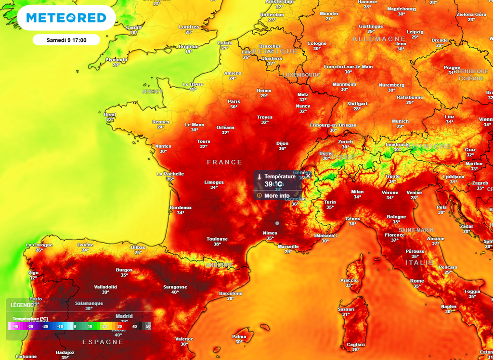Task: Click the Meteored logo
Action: [x=66, y=18]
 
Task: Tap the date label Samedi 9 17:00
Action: [x=66, y=39]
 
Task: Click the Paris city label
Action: [x=234, y=102]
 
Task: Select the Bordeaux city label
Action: [x=181, y=207]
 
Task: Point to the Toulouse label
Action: [x=217, y=239]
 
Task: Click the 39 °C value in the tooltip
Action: [x=273, y=184]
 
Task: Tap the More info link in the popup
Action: [x=277, y=196]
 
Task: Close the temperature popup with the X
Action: [x=308, y=176]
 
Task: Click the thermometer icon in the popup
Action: [x=259, y=177]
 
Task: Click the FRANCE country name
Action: [x=224, y=162]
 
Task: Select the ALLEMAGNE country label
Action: [x=379, y=39]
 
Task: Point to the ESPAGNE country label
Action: [x=103, y=342]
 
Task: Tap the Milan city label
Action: [x=357, y=192]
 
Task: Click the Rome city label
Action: [x=417, y=281]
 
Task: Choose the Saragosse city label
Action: [x=175, y=287]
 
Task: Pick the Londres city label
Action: [x=189, y=27]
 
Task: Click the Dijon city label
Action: [x=282, y=143]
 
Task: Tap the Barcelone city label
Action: [x=231, y=293]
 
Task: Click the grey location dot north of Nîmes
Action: [x=277, y=223]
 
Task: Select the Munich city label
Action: [x=400, y=121]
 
